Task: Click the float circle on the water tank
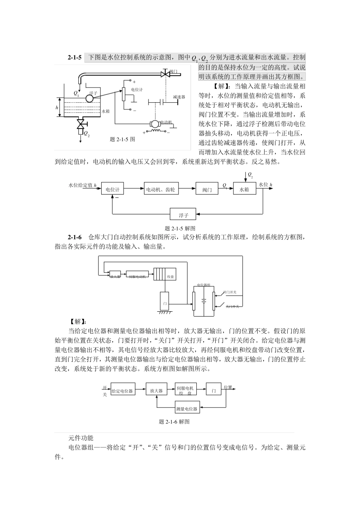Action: pos(90,98)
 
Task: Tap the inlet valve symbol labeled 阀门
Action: pos(166,73)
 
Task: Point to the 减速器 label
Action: pos(178,97)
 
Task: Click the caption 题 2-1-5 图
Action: pos(122,139)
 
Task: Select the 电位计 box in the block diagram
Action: pos(113,189)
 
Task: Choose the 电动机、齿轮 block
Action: pos(161,189)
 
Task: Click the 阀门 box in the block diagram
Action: pos(207,189)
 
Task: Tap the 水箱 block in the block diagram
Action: pos(244,189)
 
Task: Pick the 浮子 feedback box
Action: pos(183,215)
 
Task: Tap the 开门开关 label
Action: pos(230,292)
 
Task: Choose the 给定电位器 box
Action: pos(122,391)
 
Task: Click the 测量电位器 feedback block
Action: pos(187,409)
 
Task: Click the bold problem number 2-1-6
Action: pos(75,237)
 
